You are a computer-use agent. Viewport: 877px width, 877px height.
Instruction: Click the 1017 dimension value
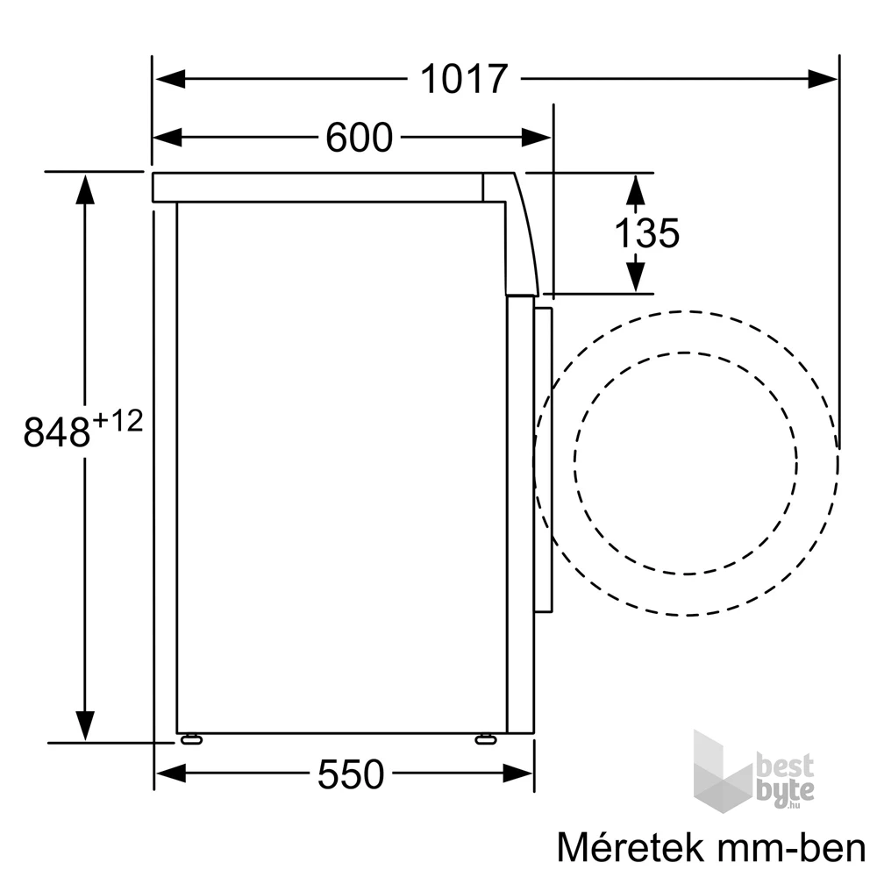click(464, 79)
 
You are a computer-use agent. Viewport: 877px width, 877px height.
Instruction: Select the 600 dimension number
click(359, 138)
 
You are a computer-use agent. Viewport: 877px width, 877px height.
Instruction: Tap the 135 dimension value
click(646, 233)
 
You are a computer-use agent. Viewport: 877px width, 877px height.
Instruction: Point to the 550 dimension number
click(350, 774)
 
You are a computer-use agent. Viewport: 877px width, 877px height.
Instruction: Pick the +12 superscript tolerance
click(117, 422)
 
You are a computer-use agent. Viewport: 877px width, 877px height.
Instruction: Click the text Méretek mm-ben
click(711, 848)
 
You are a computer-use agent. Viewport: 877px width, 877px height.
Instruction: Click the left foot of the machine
click(190, 739)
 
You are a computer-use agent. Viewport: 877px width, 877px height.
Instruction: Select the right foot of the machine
click(485, 739)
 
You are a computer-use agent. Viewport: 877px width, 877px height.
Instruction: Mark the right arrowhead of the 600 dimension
click(536, 138)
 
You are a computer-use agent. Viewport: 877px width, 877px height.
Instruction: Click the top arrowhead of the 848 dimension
click(85, 189)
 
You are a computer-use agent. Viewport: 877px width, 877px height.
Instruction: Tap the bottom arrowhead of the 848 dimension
click(85, 724)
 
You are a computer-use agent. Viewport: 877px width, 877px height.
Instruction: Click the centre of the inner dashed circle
click(686, 463)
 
